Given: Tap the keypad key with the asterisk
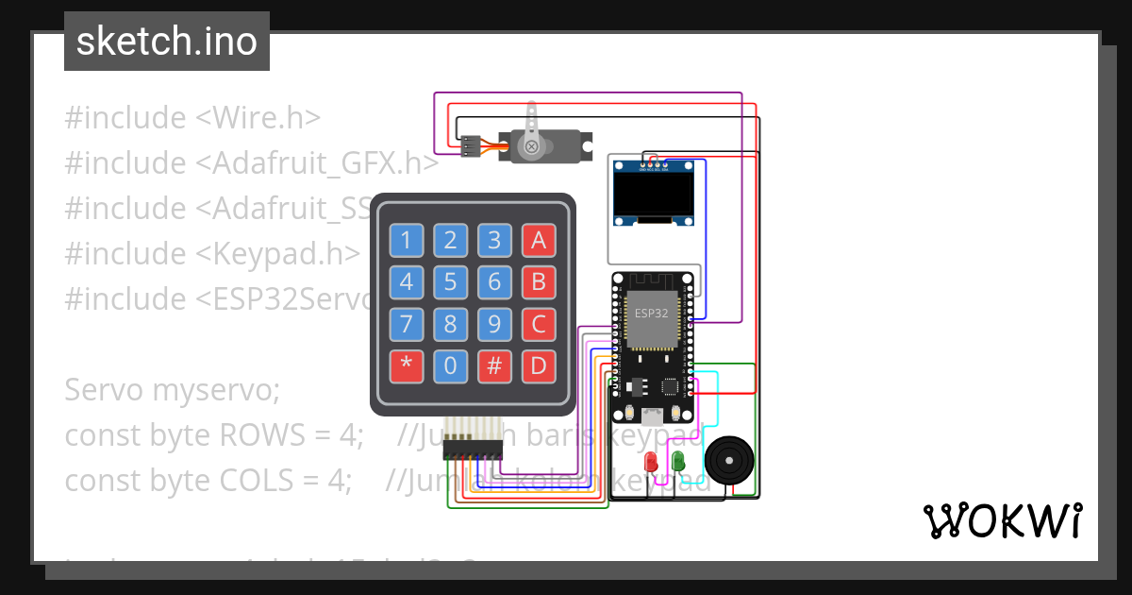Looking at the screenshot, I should pos(407,366).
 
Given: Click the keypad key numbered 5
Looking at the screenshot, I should pos(451,281).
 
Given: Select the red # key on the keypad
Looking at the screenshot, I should pos(494,366).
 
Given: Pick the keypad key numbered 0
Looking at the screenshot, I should pos(451,366).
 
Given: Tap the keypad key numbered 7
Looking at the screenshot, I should pos(407,324).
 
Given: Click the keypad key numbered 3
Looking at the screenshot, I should pos(494,240).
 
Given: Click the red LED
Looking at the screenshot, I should pos(651,462).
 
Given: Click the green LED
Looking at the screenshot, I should pos(677,461).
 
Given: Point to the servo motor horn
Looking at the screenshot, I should pos(532,132).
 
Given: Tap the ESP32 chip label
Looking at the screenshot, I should pos(651,314).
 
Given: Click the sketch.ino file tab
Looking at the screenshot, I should pos(167,42).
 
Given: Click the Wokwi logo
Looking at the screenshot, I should pos(1002,520).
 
